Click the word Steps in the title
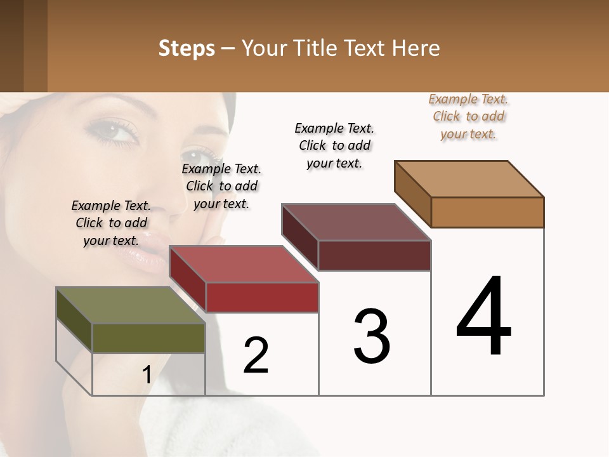(186, 48)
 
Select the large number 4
(484, 317)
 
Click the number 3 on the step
(372, 336)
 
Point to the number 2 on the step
(256, 355)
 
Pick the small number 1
(147, 375)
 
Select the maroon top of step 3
(356, 223)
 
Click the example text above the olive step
(111, 223)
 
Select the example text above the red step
(221, 186)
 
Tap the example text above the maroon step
(334, 145)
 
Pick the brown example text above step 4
(468, 116)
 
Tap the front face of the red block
(262, 297)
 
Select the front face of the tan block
(487, 212)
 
